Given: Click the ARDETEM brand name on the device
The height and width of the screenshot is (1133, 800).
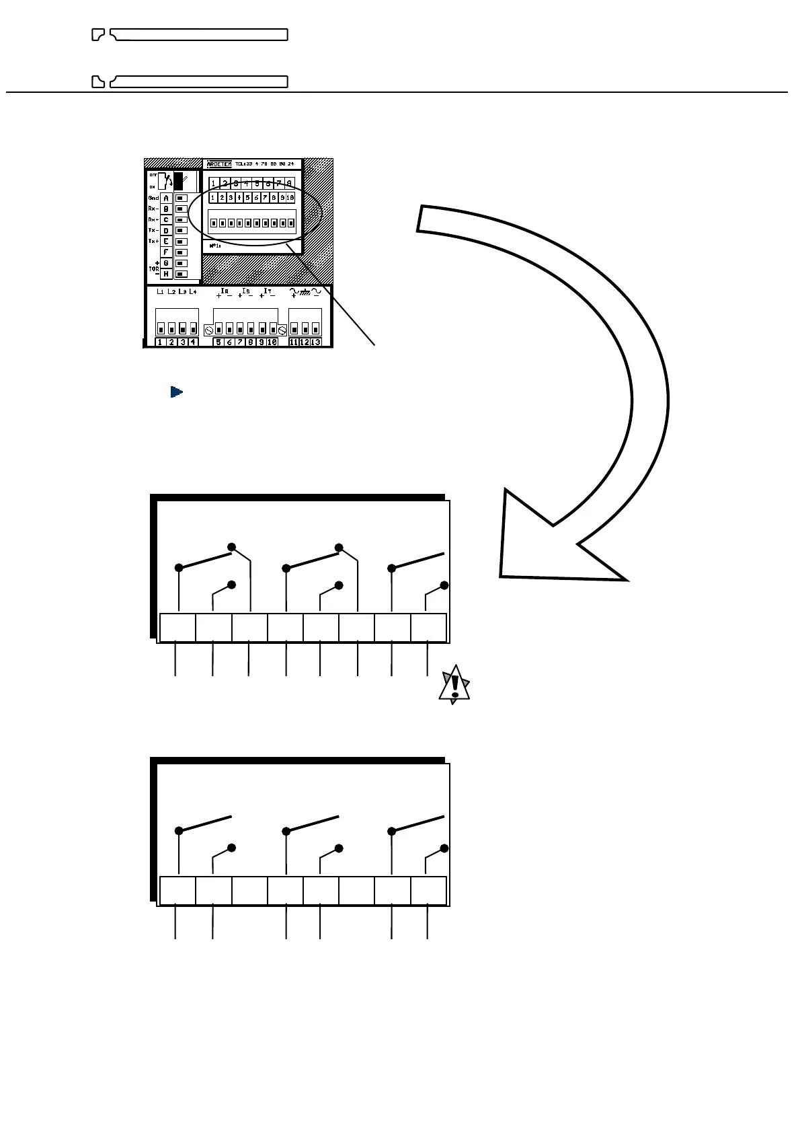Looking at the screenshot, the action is click(x=219, y=164).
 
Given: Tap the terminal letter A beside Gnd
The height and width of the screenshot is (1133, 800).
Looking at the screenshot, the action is click(x=166, y=198).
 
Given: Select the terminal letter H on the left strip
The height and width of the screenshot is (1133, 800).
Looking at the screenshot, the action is click(x=166, y=274).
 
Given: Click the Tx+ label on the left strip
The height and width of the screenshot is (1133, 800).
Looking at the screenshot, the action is click(x=153, y=241).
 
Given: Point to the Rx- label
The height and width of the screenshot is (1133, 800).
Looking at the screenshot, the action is click(x=153, y=209).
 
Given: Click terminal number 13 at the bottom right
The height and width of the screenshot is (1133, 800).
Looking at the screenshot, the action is click(x=315, y=342).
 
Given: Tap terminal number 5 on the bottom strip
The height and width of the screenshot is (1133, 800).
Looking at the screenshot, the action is click(x=218, y=342).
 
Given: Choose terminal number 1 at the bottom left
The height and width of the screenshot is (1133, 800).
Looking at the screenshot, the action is click(x=161, y=342).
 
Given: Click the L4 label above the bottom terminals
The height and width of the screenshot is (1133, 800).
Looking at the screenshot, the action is click(x=193, y=292).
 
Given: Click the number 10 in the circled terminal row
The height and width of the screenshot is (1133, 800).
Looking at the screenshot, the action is click(x=290, y=198).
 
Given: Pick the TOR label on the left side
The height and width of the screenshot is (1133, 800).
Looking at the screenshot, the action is click(x=154, y=268).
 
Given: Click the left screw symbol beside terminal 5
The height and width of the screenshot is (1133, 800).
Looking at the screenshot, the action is click(x=208, y=330).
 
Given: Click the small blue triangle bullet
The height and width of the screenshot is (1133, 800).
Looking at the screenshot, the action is click(x=177, y=392).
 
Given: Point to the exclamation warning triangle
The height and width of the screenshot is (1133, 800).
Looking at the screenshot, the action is click(x=454, y=686).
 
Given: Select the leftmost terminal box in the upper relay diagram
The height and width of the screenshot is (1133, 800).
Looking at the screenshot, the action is click(x=177, y=628).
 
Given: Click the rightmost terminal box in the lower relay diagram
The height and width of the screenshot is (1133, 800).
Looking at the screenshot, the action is click(x=429, y=891).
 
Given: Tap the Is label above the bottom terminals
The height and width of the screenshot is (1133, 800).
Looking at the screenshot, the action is click(x=246, y=292).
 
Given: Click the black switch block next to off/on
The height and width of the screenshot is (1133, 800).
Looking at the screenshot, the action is click(x=178, y=180).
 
